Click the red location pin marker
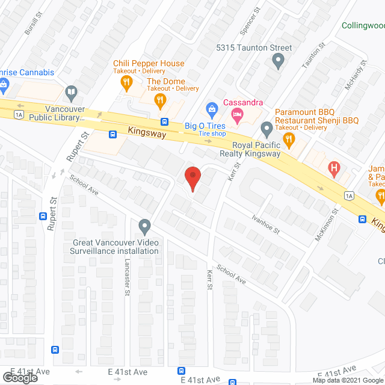pos(192,179)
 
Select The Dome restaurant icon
pos(159,99)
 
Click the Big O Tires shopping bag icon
pos(211,109)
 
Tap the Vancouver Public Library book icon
pos(71,93)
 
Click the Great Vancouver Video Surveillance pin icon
pos(144,227)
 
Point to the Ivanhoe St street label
pos(266,223)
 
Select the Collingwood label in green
pos(363,26)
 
